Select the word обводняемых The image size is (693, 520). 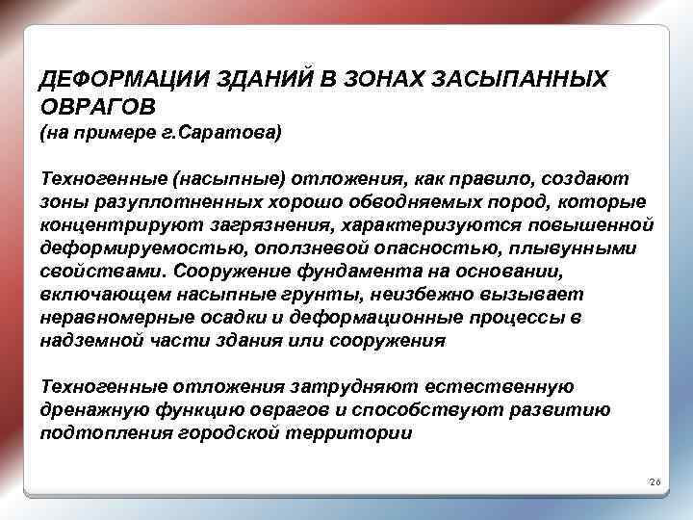point(391,202)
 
